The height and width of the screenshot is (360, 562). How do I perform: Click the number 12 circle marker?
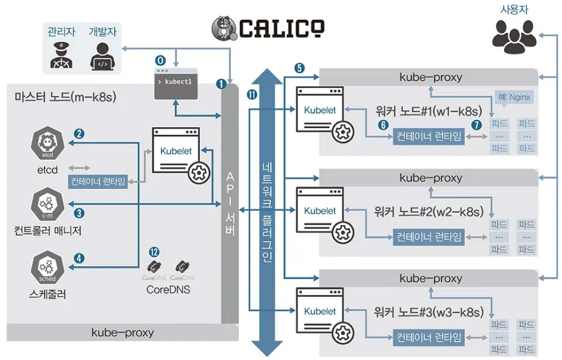click(x=155, y=252)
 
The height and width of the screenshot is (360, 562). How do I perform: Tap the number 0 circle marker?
click(x=160, y=60)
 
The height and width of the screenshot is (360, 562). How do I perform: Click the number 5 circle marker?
click(x=299, y=68)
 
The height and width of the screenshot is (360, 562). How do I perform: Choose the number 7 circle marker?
click(x=476, y=124)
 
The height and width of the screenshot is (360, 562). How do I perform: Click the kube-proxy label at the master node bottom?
click(x=122, y=333)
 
